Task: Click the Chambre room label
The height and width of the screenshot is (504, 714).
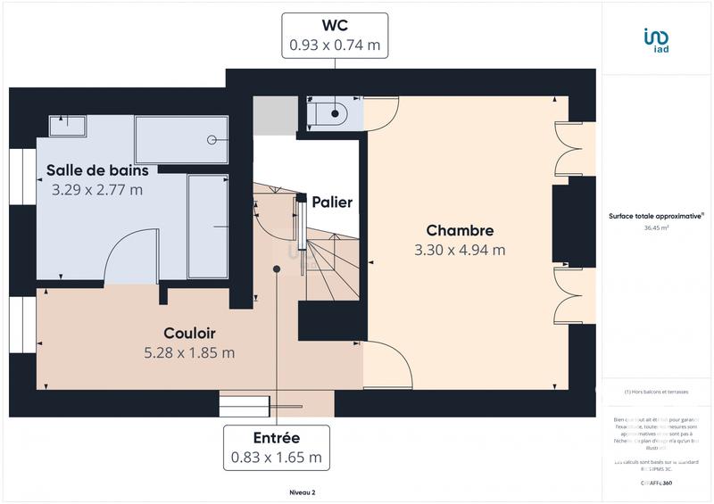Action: pos(460,230)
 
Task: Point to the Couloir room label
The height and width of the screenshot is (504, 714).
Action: pos(189,333)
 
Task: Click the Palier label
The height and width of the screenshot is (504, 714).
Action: pos(332,202)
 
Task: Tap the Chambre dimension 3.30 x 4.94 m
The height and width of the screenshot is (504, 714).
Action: pos(460,250)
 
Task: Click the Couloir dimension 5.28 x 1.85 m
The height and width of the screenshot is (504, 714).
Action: pos(189,352)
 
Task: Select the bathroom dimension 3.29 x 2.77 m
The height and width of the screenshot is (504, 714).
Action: pos(98,189)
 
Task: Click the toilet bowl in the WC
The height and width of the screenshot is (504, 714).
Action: pos(331,113)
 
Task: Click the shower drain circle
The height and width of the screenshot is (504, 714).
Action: pos(212,140)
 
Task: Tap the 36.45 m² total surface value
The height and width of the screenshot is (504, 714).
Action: pos(657,227)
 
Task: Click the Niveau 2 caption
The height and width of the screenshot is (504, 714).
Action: pos(303,492)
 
